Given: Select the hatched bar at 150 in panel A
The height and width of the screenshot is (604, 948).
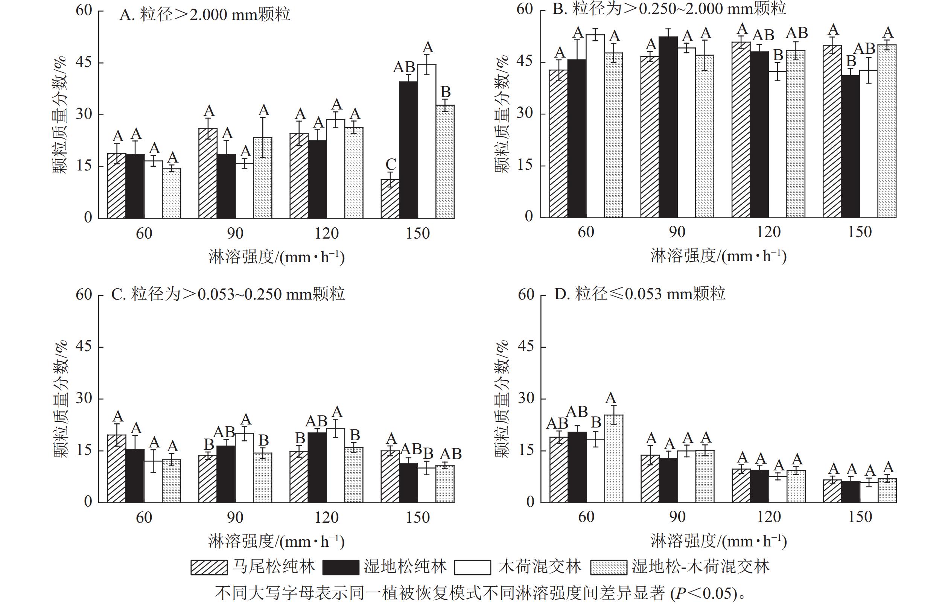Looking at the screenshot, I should [x=390, y=198].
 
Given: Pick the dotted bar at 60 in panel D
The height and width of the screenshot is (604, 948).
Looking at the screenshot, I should [x=613, y=458].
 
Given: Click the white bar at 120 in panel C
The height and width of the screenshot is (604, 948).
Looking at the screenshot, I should [x=335, y=465].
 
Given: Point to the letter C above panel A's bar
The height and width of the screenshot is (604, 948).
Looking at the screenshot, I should [x=391, y=164].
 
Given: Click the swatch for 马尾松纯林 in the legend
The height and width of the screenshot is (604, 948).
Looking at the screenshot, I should [x=209, y=567].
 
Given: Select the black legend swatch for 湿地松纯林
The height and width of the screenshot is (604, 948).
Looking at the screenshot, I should [x=341, y=567].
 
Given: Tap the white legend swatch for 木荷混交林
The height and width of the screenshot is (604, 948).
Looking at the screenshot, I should [x=472, y=567].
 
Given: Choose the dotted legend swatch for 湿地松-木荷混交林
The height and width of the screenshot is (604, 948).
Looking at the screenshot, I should [x=608, y=567].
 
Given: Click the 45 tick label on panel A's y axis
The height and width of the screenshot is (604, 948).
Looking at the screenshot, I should [x=84, y=62].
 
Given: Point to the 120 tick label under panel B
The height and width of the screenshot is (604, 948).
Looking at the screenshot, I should [x=768, y=232].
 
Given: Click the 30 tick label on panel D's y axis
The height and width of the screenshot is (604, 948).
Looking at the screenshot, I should [x=526, y=398].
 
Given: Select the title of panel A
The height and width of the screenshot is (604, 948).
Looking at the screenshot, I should [x=205, y=15].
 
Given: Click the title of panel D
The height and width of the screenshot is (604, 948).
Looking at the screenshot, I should [x=639, y=294].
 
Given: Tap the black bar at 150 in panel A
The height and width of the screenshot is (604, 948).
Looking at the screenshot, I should [x=408, y=150].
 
